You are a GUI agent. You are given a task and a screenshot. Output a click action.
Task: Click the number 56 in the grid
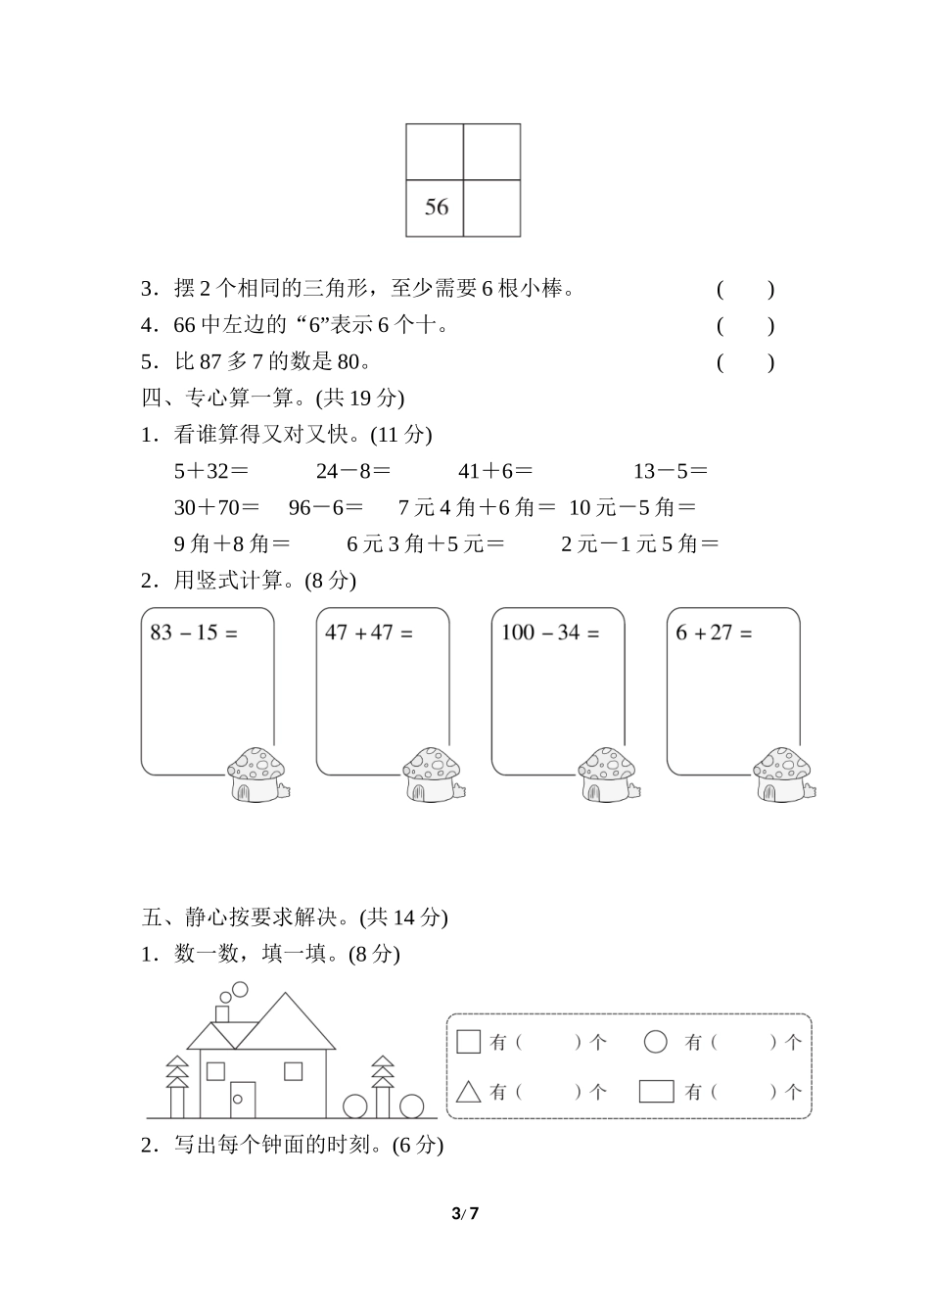437,207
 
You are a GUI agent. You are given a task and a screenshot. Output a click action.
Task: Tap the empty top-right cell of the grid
491,152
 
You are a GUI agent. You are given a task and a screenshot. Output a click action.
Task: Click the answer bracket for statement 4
745,326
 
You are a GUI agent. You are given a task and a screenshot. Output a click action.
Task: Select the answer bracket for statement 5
745,362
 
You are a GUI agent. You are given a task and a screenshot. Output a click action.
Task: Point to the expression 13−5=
670,471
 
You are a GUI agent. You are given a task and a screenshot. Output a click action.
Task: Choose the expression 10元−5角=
632,507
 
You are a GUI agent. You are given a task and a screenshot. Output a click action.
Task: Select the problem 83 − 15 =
194,633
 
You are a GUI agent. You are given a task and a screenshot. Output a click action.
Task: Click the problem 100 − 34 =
549,633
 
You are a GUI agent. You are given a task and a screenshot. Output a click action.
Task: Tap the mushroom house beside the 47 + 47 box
434,775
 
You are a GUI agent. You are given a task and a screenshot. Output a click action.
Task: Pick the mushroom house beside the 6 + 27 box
783,775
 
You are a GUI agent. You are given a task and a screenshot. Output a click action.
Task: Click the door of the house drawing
242,1099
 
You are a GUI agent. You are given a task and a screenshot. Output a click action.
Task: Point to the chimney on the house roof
223,1011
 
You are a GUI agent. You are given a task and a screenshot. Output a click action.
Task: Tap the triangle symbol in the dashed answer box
469,1090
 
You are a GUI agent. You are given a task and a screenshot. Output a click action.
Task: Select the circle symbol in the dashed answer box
656,1042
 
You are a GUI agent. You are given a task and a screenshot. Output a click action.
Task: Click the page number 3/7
465,1214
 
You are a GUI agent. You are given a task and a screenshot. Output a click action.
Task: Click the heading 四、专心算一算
272,398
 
